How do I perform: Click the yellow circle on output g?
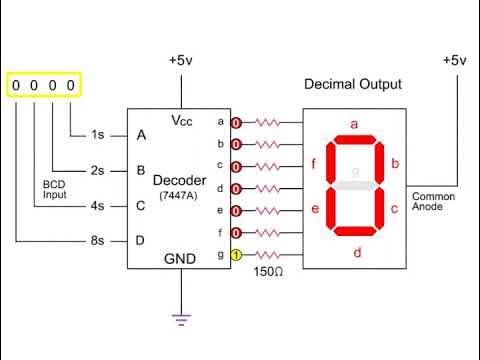pos(236,255)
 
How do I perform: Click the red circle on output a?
pos(236,122)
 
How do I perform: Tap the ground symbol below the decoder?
pos(181,319)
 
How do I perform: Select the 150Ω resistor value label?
pos(267,272)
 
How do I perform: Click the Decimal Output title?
pos(353,84)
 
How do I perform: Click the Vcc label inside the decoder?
pos(181,122)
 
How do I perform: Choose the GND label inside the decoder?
pos(181,259)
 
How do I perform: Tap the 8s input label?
pos(97,241)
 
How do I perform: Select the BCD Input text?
pos(54,190)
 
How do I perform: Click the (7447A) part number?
pos(180,196)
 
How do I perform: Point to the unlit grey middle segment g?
pos(354,184)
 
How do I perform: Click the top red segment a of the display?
pos(354,138)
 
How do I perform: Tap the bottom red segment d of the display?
pos(354,232)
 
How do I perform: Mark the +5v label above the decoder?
pos(181,60)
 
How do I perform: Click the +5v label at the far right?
pos(454,60)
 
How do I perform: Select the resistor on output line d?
pos(268,188)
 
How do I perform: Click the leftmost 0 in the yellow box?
pos(17,85)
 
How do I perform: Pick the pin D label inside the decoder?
pos(141,241)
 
